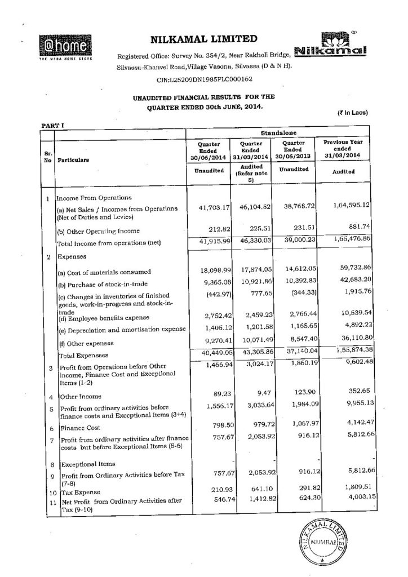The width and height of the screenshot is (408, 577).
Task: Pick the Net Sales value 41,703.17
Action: click(209, 208)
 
